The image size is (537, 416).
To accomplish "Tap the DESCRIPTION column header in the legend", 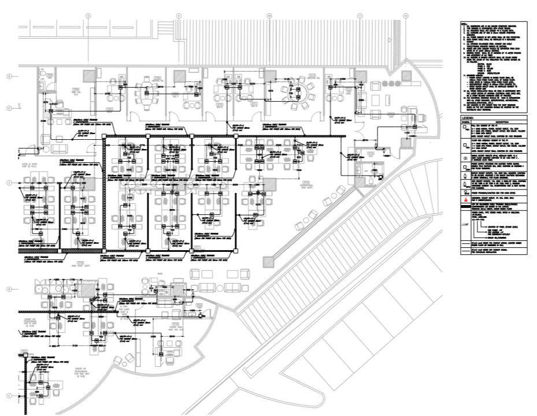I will coord(498,121).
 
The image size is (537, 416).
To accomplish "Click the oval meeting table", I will coord(146,92).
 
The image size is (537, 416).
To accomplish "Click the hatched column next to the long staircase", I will coord(267,262).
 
